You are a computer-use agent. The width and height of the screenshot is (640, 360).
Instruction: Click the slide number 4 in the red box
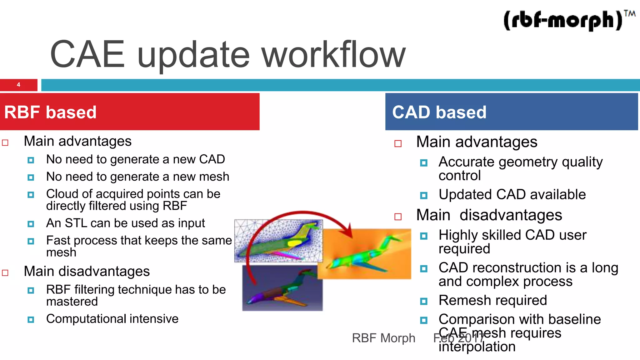18,85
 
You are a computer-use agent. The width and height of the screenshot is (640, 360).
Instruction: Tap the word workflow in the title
333,55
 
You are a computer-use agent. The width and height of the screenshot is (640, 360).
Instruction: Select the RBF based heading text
50,112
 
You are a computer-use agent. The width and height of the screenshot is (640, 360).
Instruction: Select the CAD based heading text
439,112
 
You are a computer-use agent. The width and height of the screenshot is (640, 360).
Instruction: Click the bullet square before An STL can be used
31,224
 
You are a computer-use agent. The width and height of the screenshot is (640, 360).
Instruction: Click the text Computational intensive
112,319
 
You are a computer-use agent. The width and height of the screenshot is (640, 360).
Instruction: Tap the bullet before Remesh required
424,301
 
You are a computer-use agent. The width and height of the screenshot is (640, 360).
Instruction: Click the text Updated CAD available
512,194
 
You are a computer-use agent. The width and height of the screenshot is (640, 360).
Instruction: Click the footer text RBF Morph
383,338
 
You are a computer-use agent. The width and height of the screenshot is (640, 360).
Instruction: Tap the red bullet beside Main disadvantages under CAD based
398,217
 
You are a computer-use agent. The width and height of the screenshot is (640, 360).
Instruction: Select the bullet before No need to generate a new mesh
31,177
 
